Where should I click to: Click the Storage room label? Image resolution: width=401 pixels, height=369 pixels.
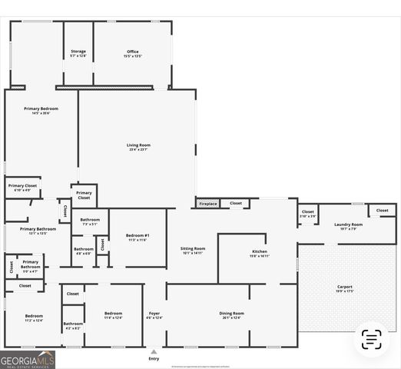(x=78, y=53)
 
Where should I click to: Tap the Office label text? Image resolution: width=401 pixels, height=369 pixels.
(x=132, y=53)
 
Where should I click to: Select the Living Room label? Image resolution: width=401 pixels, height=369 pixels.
(x=138, y=146)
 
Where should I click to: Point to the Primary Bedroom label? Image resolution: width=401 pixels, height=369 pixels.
(x=41, y=110)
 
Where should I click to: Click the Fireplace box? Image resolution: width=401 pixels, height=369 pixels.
(x=207, y=204)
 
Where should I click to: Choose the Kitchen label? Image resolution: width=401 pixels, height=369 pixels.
(x=260, y=253)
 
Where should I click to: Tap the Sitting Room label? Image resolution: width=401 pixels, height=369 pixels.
(x=193, y=250)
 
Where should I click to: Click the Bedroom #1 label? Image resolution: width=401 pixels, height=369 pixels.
(x=138, y=237)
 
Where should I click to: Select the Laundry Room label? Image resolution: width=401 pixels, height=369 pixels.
(x=348, y=226)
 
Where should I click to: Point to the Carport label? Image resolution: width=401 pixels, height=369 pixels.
(x=345, y=288)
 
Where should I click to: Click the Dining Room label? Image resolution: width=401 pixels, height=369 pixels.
(x=231, y=314)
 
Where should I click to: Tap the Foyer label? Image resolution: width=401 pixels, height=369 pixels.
(x=154, y=314)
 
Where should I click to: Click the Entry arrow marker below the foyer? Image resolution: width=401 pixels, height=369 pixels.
(x=154, y=352)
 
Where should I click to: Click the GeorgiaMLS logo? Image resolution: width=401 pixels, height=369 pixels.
(x=28, y=359)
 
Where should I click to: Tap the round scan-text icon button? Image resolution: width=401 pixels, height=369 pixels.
(x=372, y=339)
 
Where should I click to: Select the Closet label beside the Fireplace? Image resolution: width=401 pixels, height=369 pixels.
(x=235, y=204)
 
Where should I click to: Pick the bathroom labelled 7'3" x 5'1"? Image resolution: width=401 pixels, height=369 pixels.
(x=90, y=221)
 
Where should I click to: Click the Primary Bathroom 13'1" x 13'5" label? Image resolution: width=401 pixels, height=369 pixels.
(x=38, y=231)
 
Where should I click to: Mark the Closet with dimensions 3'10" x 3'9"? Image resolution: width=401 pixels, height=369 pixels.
(x=307, y=213)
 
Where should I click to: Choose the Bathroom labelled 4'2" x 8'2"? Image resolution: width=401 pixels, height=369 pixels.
(x=73, y=325)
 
